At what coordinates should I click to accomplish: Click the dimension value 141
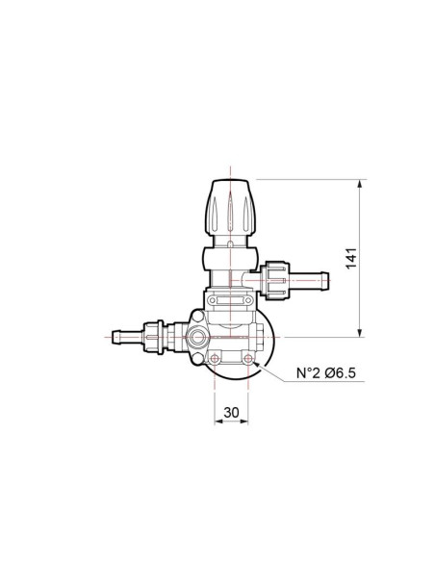click(x=351, y=258)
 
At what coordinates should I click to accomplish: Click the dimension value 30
click(x=231, y=413)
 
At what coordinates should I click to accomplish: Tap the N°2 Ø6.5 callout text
click(x=326, y=373)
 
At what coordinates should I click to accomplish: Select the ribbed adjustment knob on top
click(x=230, y=208)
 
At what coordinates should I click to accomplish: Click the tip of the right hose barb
click(x=329, y=281)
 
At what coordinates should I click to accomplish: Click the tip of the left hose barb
click(x=113, y=337)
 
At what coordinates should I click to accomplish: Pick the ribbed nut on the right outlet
click(x=275, y=281)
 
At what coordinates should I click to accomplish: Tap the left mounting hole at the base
click(x=215, y=358)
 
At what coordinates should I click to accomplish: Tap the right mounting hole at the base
click(x=247, y=358)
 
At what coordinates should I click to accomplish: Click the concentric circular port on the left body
click(x=197, y=338)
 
